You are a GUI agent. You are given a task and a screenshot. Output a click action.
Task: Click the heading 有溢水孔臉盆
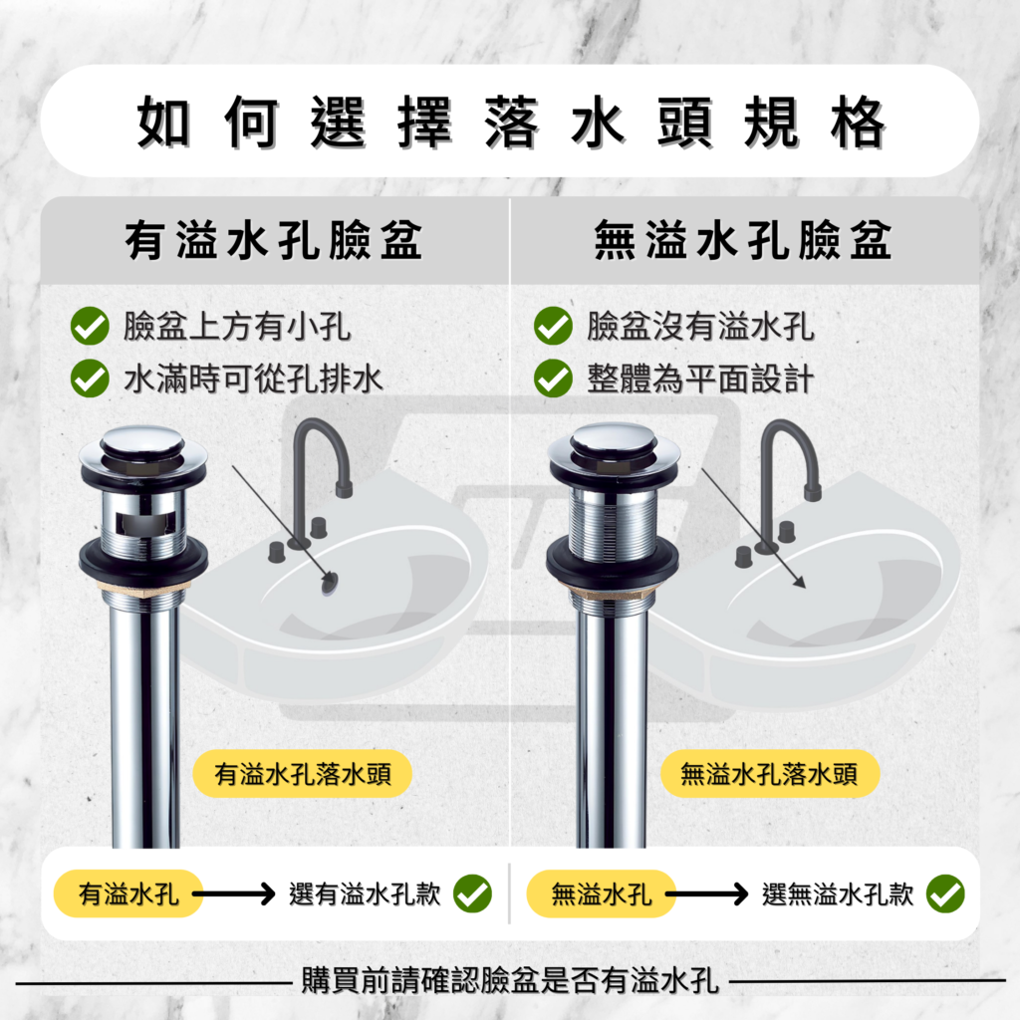(x=275, y=242)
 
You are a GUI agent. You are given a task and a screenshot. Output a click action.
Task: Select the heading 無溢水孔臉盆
(x=743, y=242)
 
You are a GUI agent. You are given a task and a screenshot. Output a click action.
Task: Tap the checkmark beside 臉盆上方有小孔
(x=90, y=326)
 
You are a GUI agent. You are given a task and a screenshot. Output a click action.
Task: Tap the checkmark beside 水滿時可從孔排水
(x=90, y=379)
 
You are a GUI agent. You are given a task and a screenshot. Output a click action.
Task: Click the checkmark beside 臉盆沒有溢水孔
(x=553, y=326)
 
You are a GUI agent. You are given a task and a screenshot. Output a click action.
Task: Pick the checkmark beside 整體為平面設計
(x=553, y=379)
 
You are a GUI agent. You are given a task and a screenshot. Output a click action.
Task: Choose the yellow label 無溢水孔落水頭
(x=769, y=774)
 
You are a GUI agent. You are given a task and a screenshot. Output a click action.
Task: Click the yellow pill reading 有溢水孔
(x=128, y=893)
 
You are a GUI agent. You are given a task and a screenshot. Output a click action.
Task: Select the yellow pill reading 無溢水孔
(x=602, y=893)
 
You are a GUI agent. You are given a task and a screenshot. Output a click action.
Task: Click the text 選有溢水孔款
(x=365, y=893)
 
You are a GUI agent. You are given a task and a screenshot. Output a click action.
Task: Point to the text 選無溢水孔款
(x=838, y=893)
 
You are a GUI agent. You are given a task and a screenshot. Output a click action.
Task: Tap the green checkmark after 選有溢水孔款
(x=472, y=893)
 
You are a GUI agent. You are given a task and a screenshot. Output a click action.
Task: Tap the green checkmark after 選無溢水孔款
(x=944, y=893)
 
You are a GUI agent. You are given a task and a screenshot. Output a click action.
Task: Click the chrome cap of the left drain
(x=143, y=443)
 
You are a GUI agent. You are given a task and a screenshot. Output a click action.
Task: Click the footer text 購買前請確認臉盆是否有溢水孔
(x=510, y=980)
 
